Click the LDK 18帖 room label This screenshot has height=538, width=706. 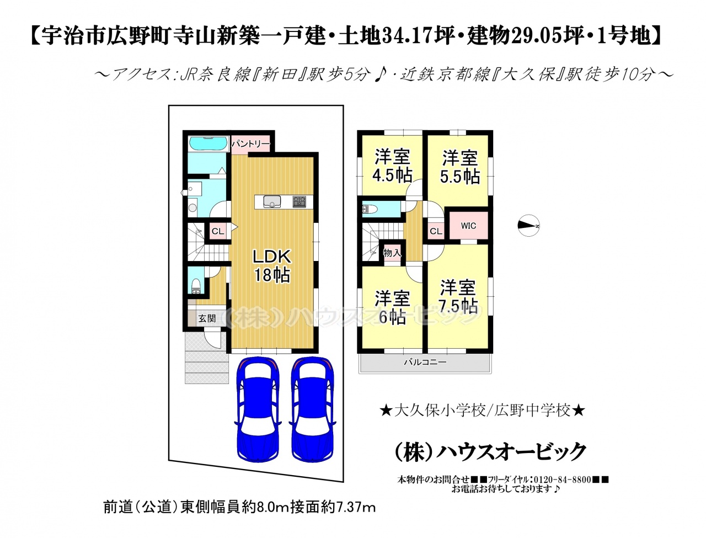click(x=272, y=265)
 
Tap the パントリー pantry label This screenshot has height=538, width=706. click(x=250, y=143)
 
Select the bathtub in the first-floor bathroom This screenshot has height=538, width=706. click(x=208, y=143)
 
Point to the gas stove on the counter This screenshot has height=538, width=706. click(x=299, y=201)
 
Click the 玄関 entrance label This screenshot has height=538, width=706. click(x=207, y=318)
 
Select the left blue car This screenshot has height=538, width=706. click(x=258, y=409)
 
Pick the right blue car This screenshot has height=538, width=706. click(x=313, y=409)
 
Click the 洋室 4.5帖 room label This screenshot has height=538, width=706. click(x=392, y=166)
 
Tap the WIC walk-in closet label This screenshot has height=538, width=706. click(x=468, y=226)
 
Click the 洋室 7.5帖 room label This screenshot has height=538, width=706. click(x=458, y=297)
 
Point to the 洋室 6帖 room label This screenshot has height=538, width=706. click(x=392, y=307)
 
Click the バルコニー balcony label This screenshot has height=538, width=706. click(x=425, y=362)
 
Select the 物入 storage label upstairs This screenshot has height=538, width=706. click(x=392, y=253)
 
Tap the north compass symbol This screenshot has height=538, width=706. click(x=528, y=225)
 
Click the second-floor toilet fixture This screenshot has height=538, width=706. click(x=370, y=210)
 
